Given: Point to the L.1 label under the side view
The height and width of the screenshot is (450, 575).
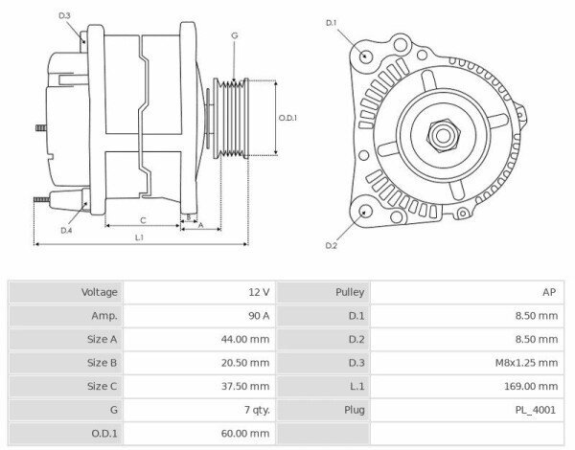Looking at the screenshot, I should tap(139, 236).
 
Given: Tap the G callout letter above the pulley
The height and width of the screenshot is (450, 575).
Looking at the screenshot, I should tap(235, 35).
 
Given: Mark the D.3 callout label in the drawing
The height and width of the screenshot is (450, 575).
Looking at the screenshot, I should tap(64, 16).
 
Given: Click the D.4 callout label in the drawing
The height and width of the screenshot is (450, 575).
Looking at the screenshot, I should tap(66, 231).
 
